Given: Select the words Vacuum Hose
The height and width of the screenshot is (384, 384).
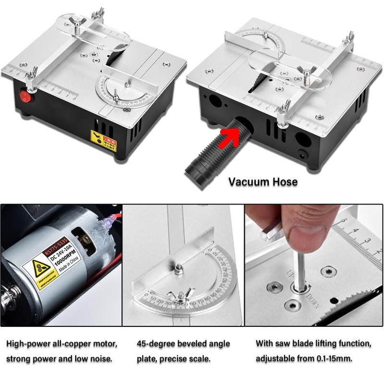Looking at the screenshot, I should (x=263, y=182).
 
